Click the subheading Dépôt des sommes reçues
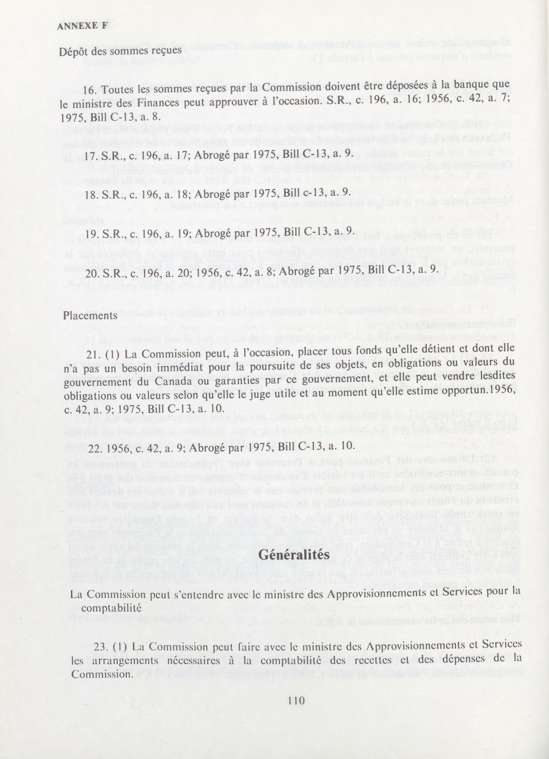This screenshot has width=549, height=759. [x=120, y=51]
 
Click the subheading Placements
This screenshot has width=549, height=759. [x=90, y=316]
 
